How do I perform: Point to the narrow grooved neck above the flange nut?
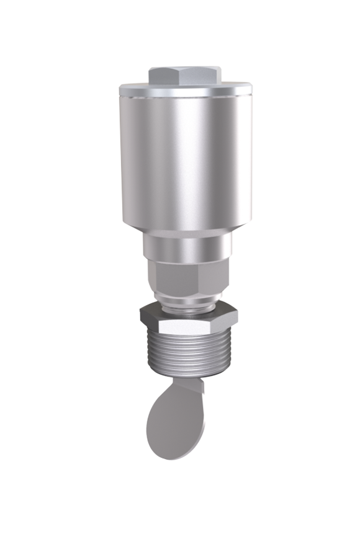[186, 301]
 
